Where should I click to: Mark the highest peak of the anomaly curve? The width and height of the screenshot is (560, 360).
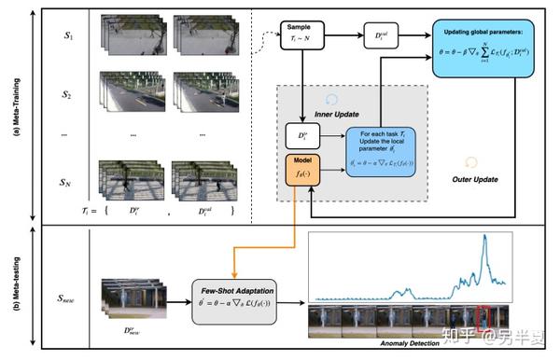point(484,239)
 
